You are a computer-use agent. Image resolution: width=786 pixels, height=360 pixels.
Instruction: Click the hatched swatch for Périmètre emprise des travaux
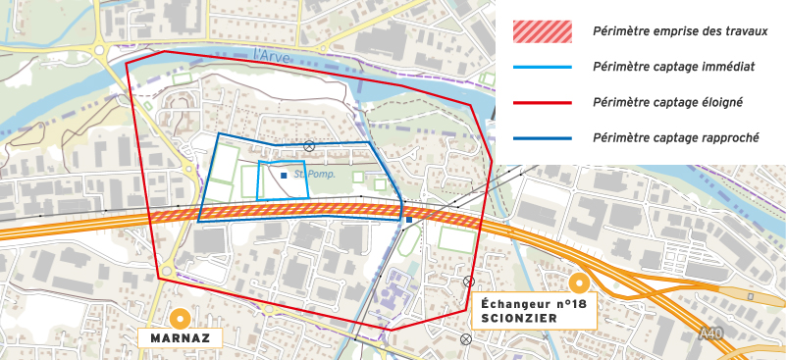coord(543,31)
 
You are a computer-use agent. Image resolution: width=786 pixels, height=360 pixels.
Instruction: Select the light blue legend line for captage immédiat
coord(543,67)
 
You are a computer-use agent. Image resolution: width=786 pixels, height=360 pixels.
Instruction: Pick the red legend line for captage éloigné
coord(543,102)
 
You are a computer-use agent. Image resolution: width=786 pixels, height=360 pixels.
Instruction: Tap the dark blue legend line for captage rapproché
coord(543,138)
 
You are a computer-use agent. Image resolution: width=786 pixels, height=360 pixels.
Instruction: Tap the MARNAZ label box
coord(181,338)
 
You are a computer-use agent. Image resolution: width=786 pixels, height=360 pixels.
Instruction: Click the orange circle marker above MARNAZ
coord(180,319)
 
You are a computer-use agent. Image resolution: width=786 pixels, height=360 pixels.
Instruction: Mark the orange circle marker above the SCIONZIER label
coord(579,284)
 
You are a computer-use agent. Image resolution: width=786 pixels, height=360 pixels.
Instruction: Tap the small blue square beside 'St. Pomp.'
coord(284,176)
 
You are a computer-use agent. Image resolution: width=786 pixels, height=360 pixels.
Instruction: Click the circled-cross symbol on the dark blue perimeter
coord(308,146)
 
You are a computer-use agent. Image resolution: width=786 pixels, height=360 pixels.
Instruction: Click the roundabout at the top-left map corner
coord(99,48)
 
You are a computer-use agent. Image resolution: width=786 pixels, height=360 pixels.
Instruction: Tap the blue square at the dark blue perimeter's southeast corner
coord(408,220)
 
